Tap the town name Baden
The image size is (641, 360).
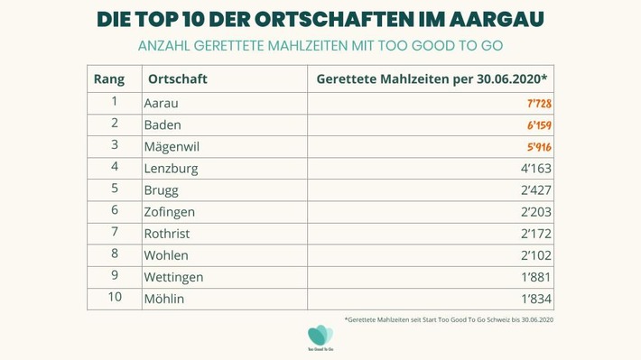pos(163,125)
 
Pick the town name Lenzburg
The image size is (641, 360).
pos(171,169)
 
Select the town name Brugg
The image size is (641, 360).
pos(162,190)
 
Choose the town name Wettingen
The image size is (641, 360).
pos(173,277)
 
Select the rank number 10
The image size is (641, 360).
pos(115,298)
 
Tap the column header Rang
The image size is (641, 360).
pos(109,78)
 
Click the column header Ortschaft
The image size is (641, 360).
pos(178,78)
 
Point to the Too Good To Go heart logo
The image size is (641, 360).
pos(320,336)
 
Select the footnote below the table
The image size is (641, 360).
pos(449,319)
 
